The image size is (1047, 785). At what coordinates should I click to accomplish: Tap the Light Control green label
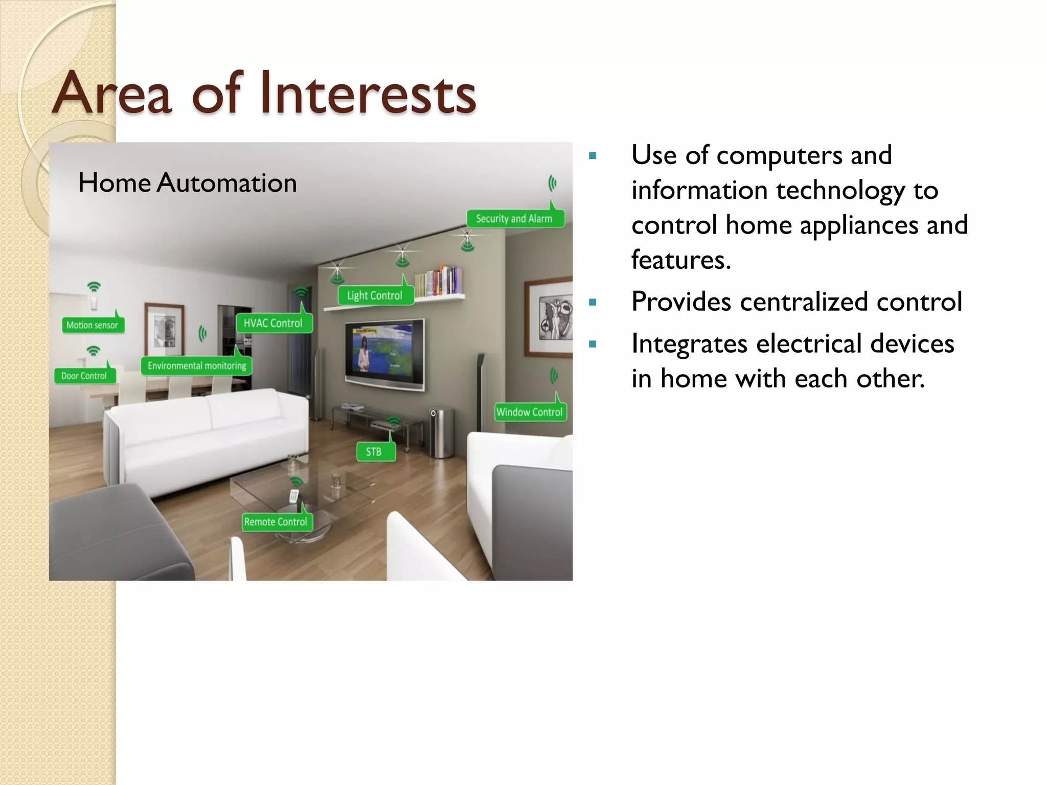[375, 295]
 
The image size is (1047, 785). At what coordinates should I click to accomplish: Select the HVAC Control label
[274, 323]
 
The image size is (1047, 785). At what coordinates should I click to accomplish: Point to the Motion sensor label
[93, 325]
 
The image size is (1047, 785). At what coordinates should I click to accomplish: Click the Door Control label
[84, 376]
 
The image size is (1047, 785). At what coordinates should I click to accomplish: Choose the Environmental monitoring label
[197, 366]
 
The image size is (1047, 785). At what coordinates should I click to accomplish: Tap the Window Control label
[530, 412]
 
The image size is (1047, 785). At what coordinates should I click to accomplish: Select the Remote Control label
[276, 522]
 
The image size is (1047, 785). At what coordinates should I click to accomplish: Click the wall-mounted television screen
[384, 353]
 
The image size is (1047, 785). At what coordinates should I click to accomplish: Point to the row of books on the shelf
[439, 281]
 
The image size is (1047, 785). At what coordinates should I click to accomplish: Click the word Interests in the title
[368, 94]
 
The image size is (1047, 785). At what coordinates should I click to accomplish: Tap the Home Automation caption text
[187, 183]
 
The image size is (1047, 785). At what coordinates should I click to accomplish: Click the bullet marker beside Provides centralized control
[593, 302]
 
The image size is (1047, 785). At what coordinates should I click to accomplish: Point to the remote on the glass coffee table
[293, 495]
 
